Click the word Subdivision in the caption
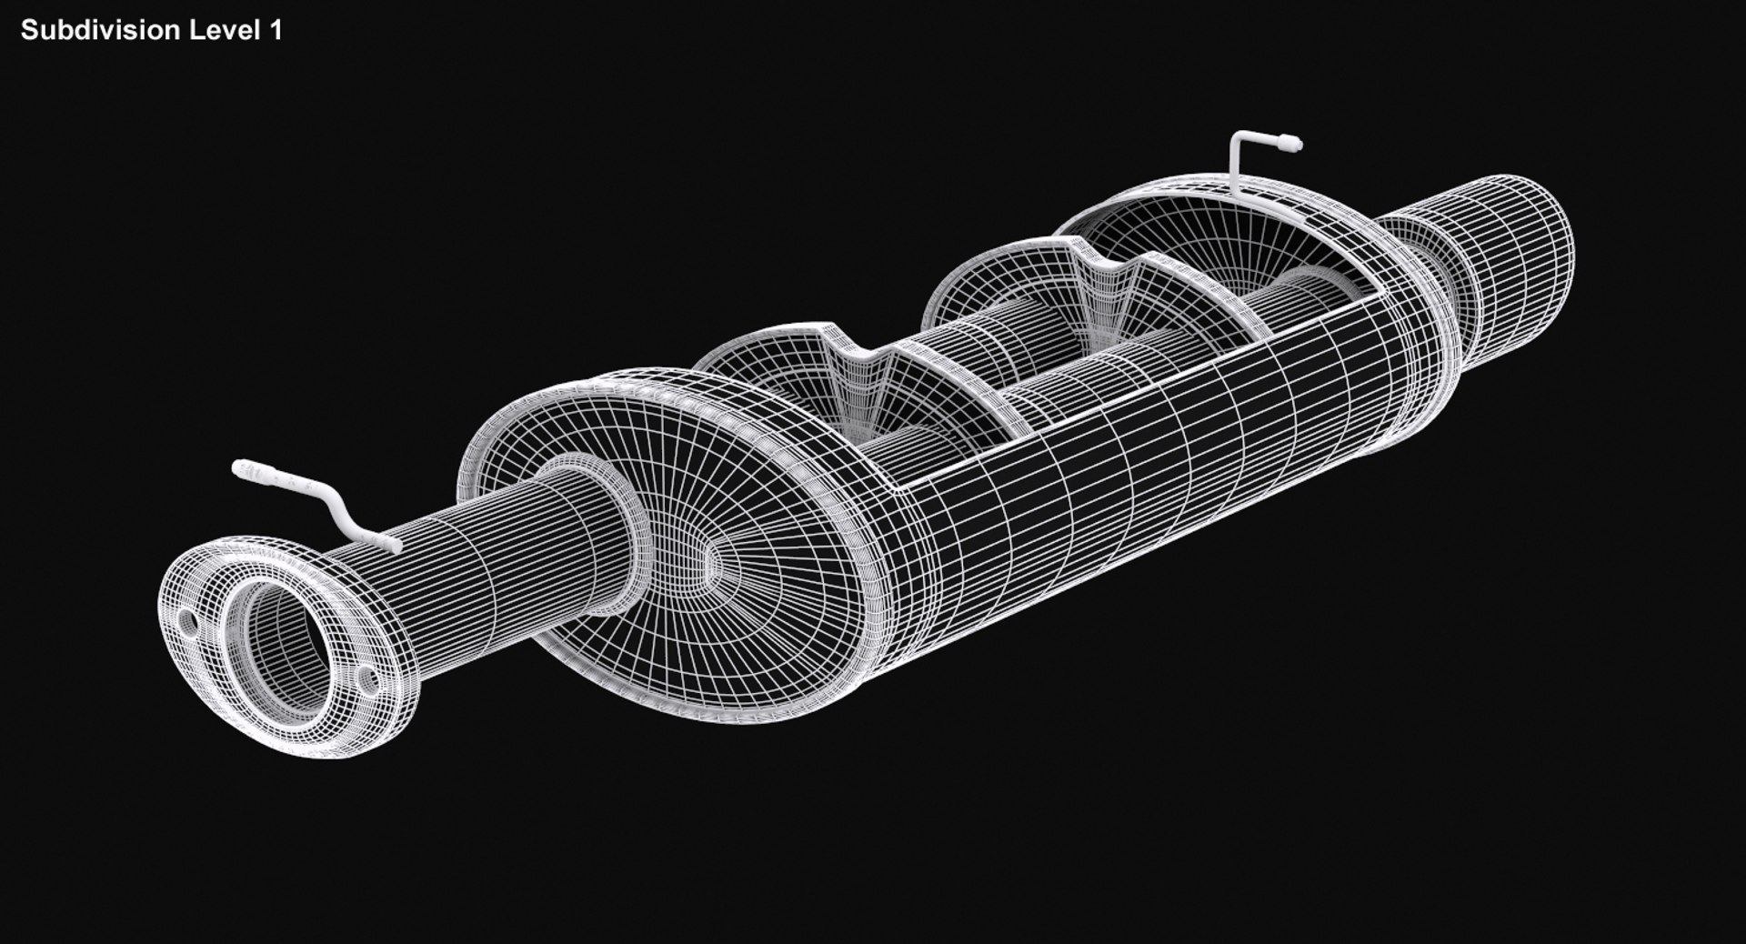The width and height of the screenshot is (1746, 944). click(99, 30)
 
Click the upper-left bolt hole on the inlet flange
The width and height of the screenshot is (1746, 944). click(187, 623)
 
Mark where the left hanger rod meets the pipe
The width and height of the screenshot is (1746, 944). click(393, 545)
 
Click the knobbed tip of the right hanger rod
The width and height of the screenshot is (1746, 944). click(1291, 144)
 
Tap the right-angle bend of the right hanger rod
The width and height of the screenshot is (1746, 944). click(1239, 142)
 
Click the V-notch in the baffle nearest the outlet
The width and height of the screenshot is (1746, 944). click(1106, 264)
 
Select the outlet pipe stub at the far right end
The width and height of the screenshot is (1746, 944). click(1510, 255)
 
